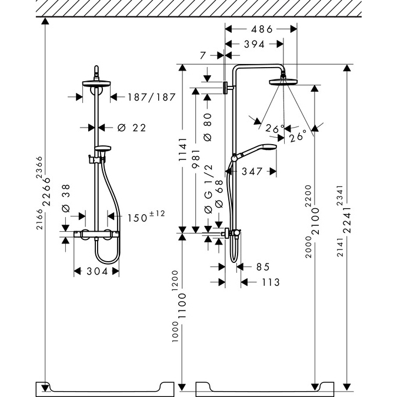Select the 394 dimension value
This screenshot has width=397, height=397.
coord(255,44)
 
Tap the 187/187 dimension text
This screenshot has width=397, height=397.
coord(152,97)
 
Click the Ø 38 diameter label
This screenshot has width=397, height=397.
coord(66,200)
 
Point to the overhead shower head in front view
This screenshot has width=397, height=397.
coord(96,83)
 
